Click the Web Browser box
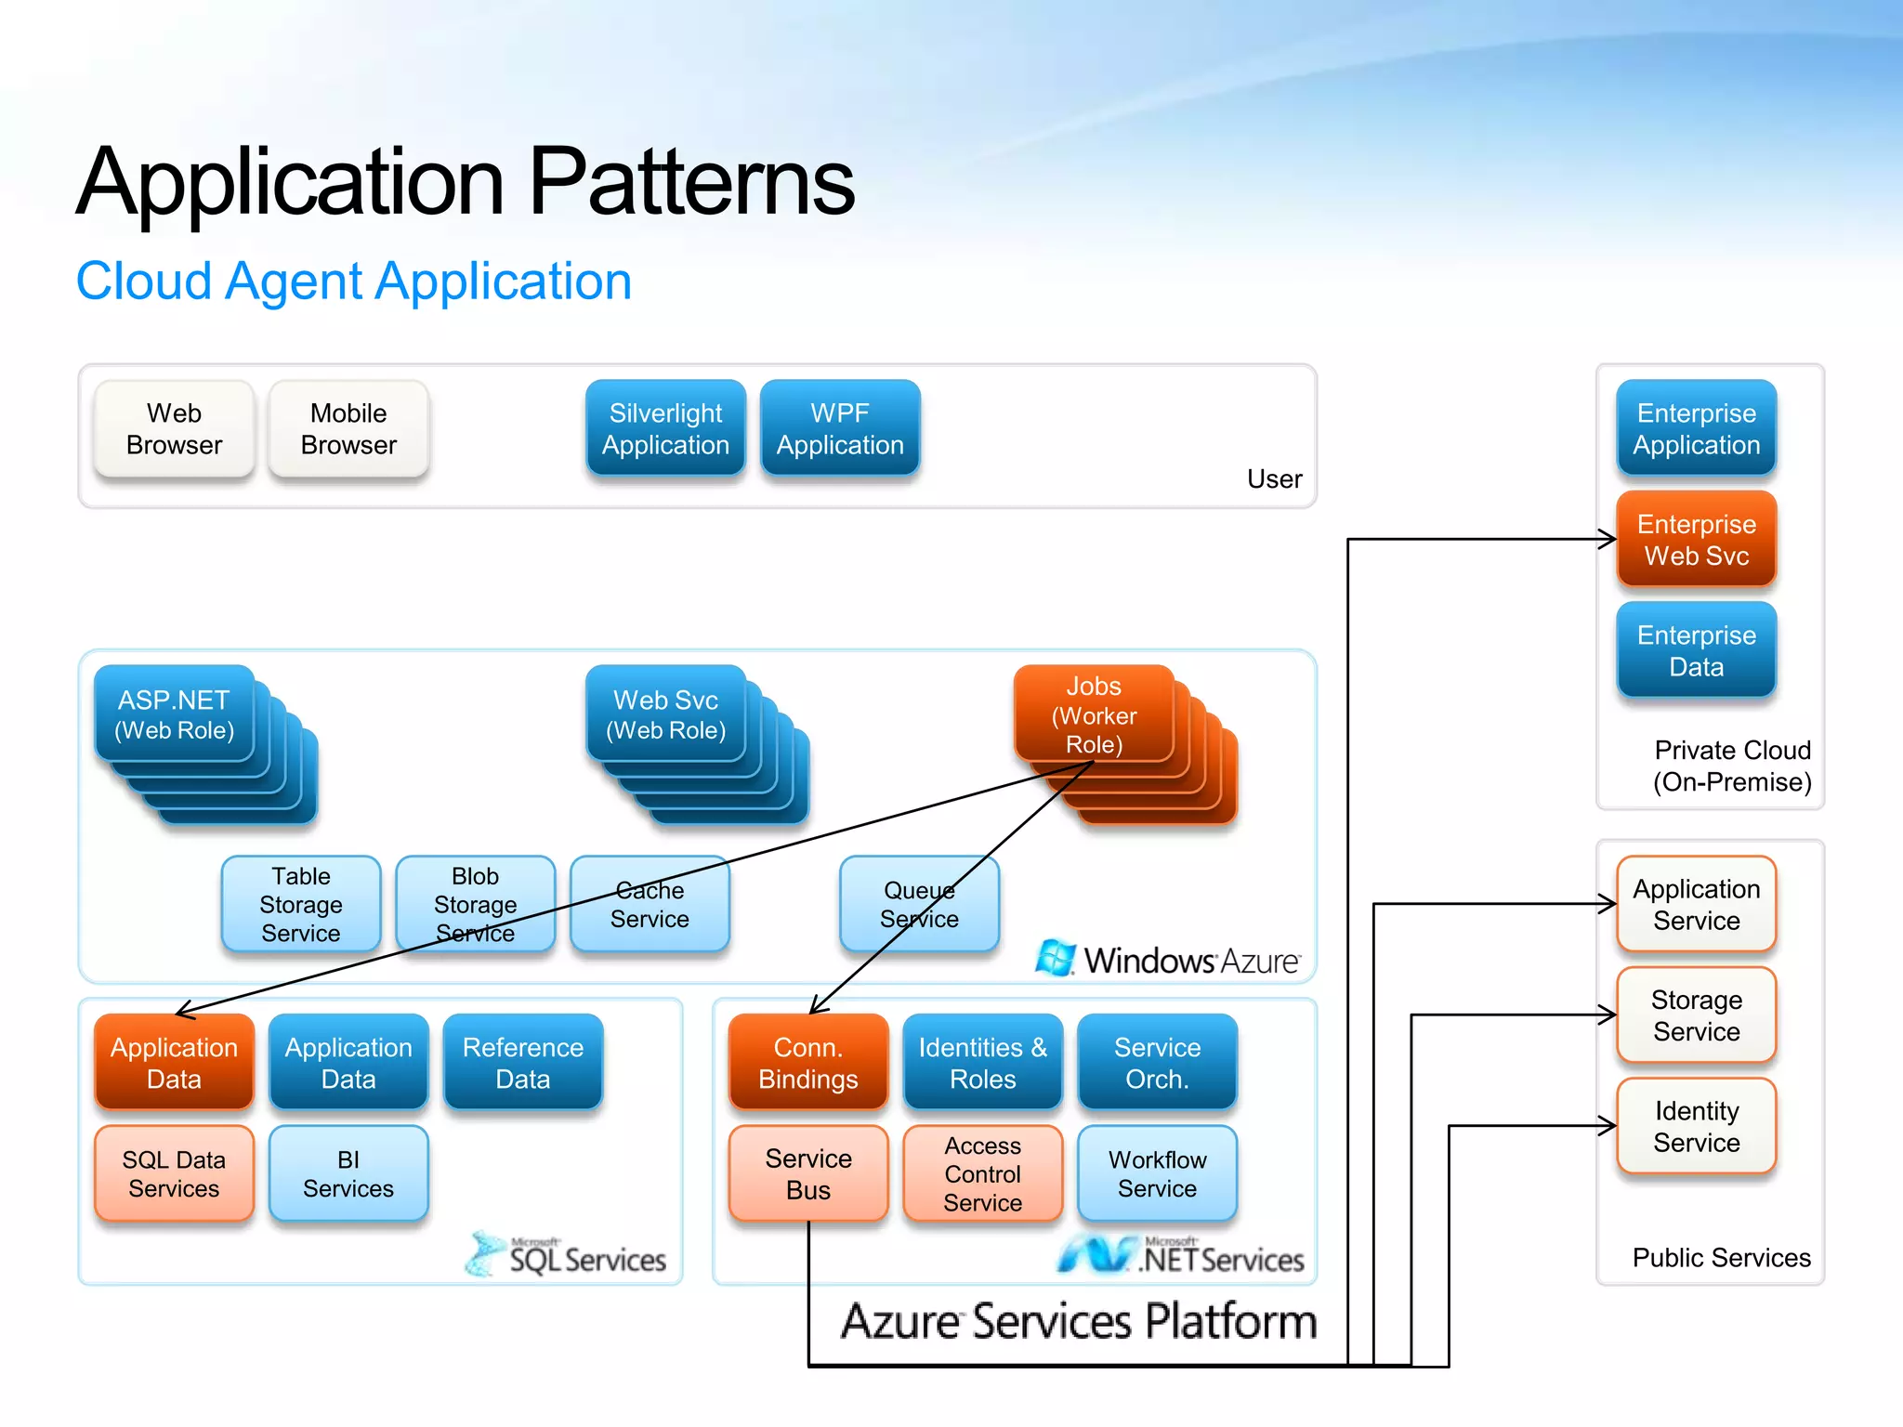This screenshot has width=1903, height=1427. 174,429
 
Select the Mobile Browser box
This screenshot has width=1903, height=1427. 348,429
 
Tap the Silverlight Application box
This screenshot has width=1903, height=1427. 665,429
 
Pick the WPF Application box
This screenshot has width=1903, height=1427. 840,429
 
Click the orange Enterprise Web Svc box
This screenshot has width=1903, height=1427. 1696,540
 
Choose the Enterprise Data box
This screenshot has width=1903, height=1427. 1696,650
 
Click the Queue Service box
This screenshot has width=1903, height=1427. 919,904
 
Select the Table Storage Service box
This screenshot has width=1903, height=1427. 300,904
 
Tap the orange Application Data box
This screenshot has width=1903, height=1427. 174,1063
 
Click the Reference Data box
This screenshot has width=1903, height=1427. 523,1063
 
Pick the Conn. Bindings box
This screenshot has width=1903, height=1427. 807,1063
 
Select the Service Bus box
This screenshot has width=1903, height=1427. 807,1173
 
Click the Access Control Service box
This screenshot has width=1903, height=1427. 982,1173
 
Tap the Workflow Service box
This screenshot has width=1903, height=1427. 1157,1173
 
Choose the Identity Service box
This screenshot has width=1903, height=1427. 1696,1126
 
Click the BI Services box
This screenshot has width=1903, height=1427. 348,1173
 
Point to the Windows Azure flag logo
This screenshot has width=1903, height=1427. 1055,958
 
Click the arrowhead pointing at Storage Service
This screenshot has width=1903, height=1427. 1608,1015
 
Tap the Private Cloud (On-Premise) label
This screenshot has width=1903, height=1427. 1731,766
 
